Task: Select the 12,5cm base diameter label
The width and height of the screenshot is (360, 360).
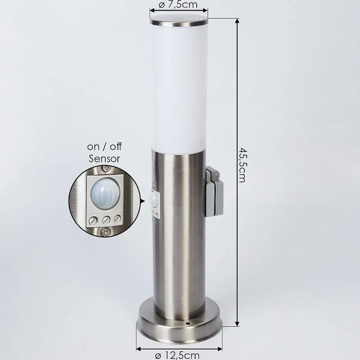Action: pyautogui.click(x=178, y=355)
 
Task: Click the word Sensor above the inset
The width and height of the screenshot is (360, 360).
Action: pyautogui.click(x=104, y=159)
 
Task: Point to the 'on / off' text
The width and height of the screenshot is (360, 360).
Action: pyautogui.click(x=104, y=146)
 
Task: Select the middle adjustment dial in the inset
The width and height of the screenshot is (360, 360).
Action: pyautogui.click(x=107, y=220)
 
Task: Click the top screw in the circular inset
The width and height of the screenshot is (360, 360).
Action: pyautogui.click(x=107, y=169)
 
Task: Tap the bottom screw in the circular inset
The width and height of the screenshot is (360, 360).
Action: pyautogui.click(x=106, y=232)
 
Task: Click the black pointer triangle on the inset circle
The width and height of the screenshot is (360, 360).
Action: pyautogui.click(x=143, y=201)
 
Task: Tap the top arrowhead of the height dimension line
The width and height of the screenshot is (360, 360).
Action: pyautogui.click(x=237, y=21)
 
